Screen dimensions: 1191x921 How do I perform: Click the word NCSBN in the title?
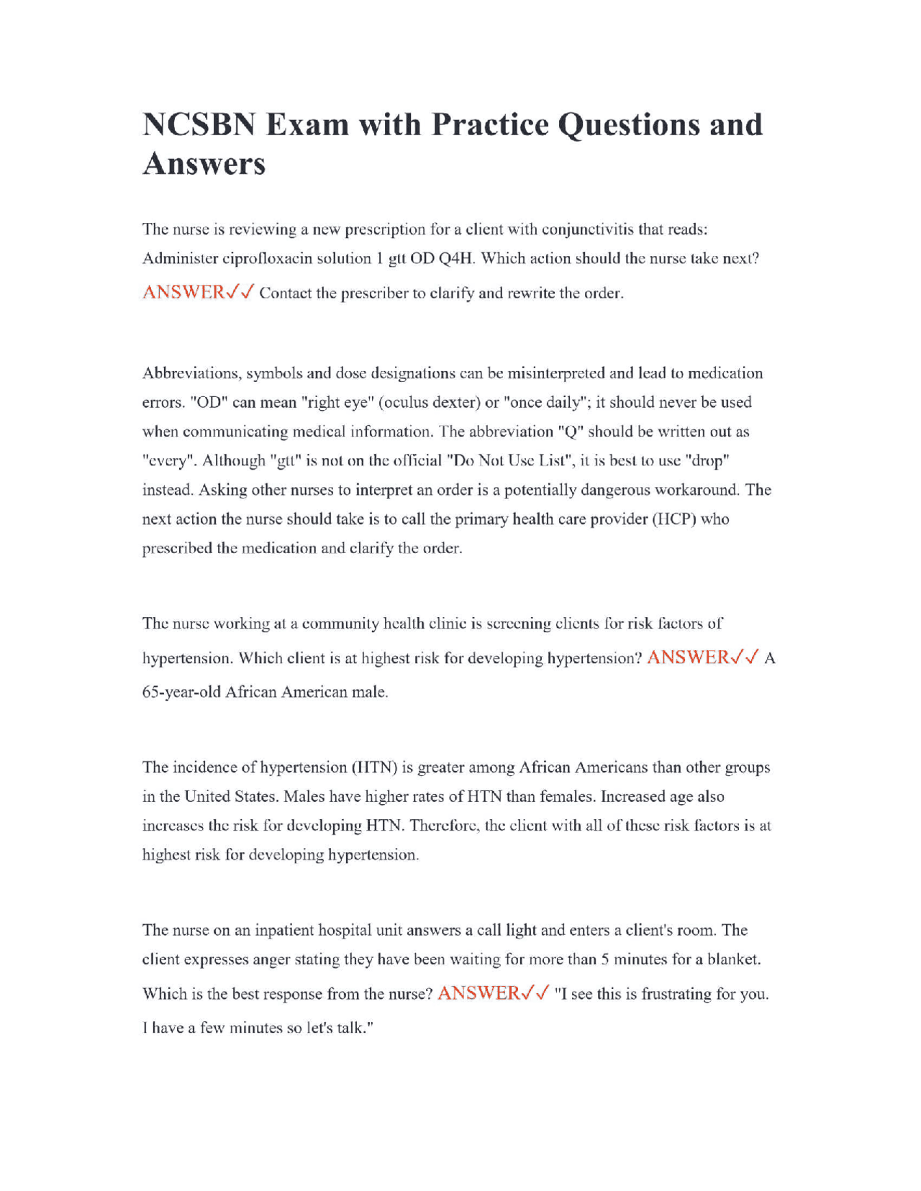[199, 124]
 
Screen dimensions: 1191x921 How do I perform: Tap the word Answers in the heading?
[204, 164]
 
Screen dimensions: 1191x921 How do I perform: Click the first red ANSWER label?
[183, 292]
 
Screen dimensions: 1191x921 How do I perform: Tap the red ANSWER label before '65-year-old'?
[688, 657]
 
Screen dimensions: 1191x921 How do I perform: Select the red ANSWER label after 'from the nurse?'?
[478, 993]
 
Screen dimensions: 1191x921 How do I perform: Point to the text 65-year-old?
[181, 692]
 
